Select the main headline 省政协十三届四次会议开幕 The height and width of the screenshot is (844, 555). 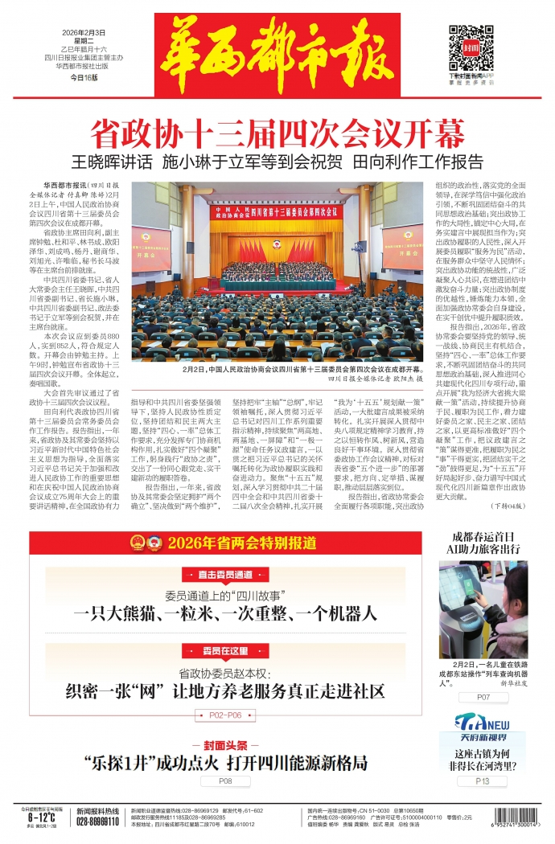(x=277, y=130)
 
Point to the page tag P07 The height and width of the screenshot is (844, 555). (x=482, y=697)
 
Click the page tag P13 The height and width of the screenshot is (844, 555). (x=482, y=780)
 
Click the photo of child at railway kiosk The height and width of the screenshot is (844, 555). (x=482, y=608)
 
